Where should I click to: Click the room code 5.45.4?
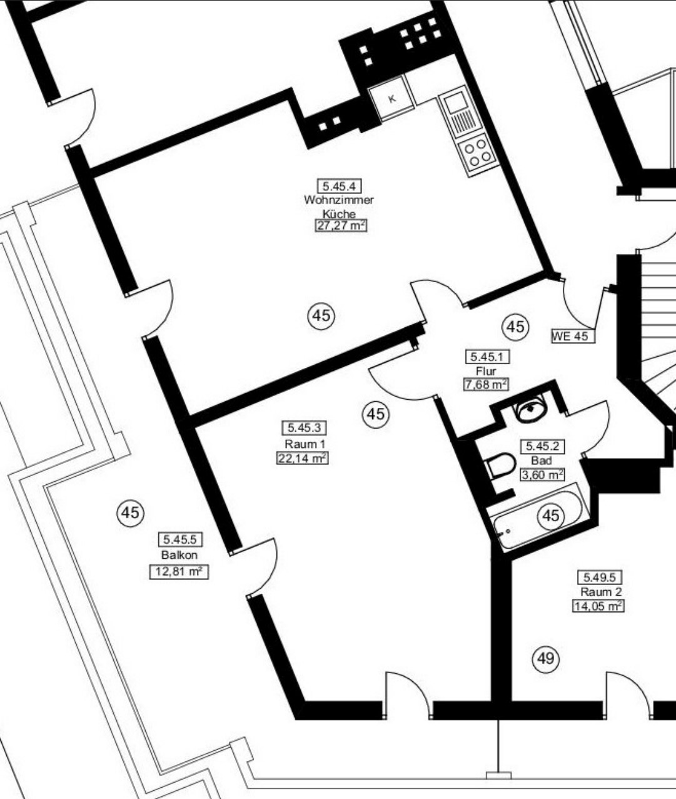[339, 186]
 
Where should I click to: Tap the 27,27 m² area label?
[341, 225]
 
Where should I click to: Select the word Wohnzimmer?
[339, 200]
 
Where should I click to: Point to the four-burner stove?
[475, 156]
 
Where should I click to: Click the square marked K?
[391, 98]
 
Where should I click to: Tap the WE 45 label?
[573, 336]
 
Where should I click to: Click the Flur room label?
[486, 371]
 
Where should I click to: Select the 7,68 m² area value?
[486, 384]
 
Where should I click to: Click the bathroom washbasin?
[531, 409]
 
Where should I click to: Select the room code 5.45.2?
[542, 447]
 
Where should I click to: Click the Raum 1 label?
[305, 444]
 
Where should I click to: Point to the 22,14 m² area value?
[303, 458]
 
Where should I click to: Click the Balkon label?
[179, 555]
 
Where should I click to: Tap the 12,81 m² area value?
[179, 571]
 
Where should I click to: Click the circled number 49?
[545, 658]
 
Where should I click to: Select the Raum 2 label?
[601, 592]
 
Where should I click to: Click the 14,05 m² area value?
[598, 606]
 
